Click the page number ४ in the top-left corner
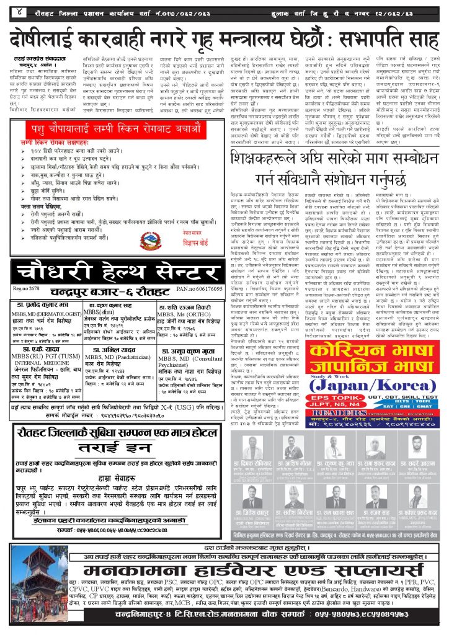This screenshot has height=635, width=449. point(20,11)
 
